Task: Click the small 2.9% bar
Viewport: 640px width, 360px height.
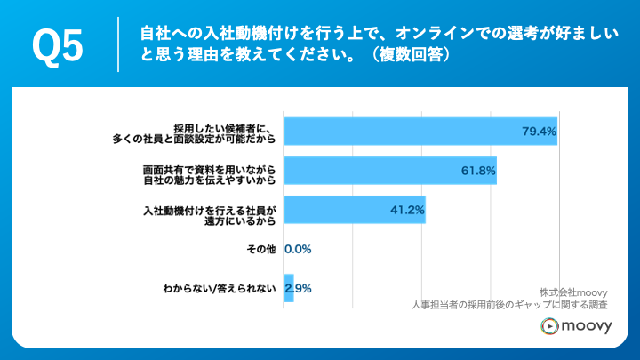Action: (288, 288)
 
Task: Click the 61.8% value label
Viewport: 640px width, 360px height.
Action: (478, 171)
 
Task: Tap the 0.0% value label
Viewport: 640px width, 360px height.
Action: (298, 250)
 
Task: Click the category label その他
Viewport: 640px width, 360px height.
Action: (262, 250)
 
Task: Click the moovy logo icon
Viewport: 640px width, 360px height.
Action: (549, 327)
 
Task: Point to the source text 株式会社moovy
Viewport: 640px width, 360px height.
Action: (572, 291)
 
